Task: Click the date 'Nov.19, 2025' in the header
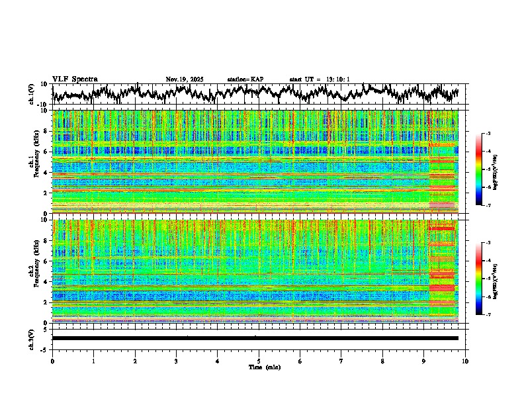coord(185,79)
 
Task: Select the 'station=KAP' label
coord(245,79)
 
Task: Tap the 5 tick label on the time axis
coord(259,361)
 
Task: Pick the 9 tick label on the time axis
coord(424,361)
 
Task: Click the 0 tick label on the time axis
coord(52,361)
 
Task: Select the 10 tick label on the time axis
coord(465,361)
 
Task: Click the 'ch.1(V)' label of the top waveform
coord(32,95)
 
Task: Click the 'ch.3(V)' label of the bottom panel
coord(32,338)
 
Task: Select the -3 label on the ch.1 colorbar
coord(488,134)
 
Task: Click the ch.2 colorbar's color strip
coord(479,279)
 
